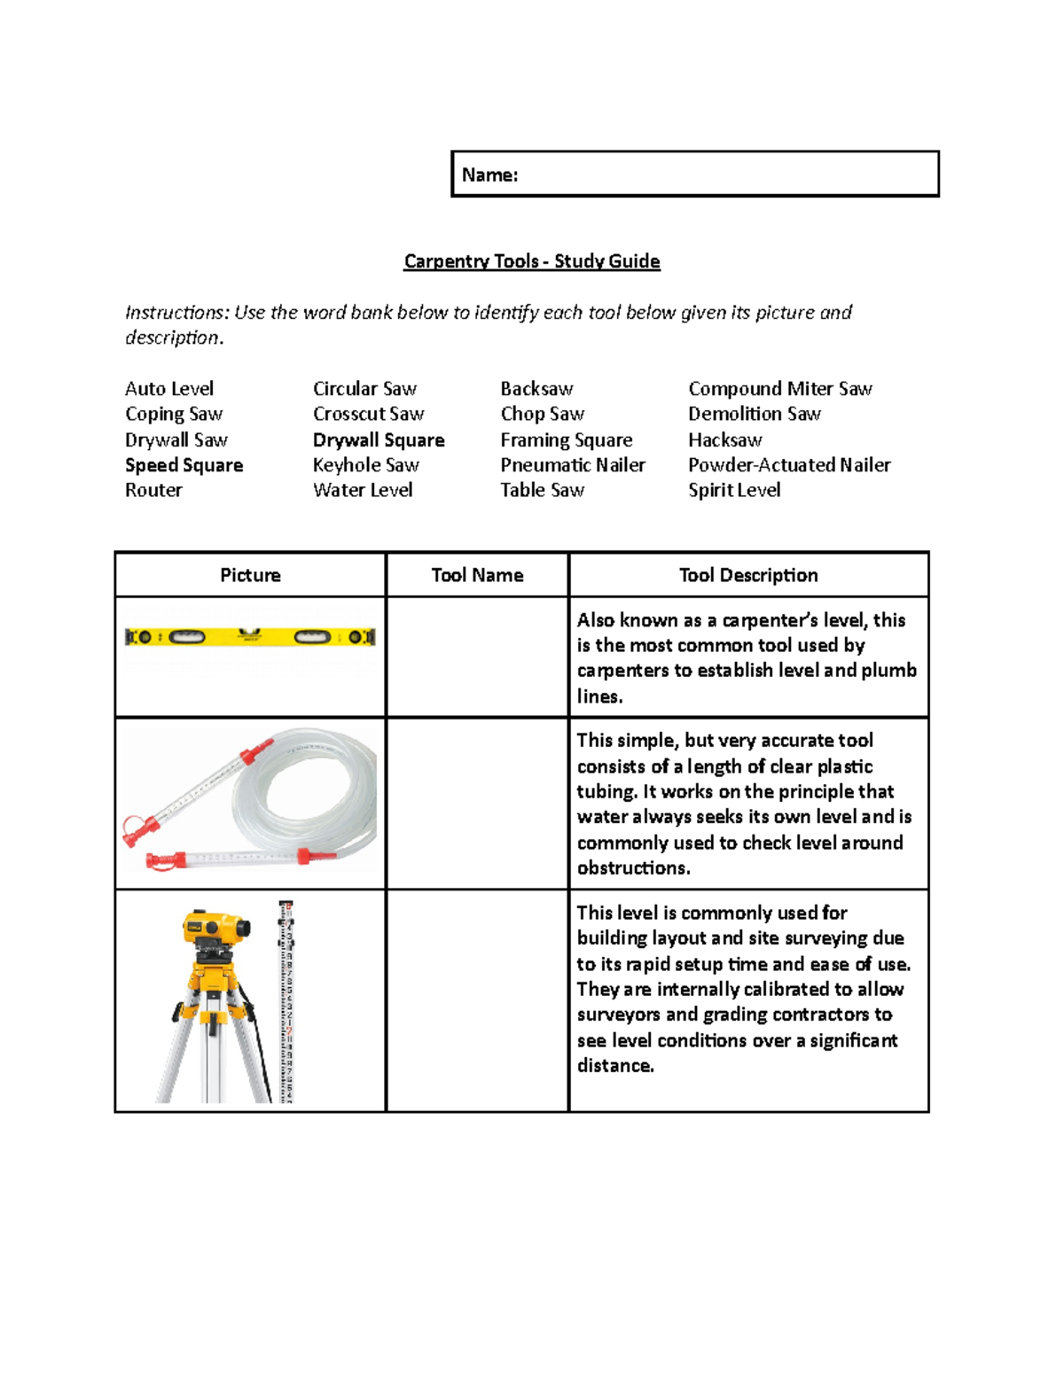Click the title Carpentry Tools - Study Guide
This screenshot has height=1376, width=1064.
531,261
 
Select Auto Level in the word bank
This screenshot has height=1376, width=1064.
169,389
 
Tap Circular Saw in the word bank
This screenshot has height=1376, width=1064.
364,389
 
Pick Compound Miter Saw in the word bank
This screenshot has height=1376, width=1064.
779,389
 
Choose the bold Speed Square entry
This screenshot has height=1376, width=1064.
184,465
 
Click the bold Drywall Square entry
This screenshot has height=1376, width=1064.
379,440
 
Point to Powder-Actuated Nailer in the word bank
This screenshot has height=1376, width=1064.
788,465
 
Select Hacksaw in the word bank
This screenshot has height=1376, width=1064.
724,440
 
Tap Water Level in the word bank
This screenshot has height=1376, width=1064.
363,490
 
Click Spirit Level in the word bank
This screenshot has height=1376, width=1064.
733,490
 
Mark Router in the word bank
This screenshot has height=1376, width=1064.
153,490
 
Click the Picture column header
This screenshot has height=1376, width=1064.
250,575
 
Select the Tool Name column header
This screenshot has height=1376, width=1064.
477,575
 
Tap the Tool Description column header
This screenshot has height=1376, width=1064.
748,575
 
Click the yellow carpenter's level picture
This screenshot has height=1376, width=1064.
250,636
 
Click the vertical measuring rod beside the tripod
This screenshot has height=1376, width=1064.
286,1001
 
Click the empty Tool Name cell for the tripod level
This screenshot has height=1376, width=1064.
477,1000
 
